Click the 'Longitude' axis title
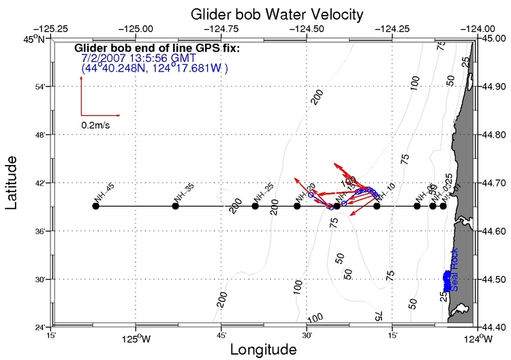click(x=263, y=349)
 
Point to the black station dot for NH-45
click(x=95, y=206)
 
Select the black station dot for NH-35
click(x=175, y=206)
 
